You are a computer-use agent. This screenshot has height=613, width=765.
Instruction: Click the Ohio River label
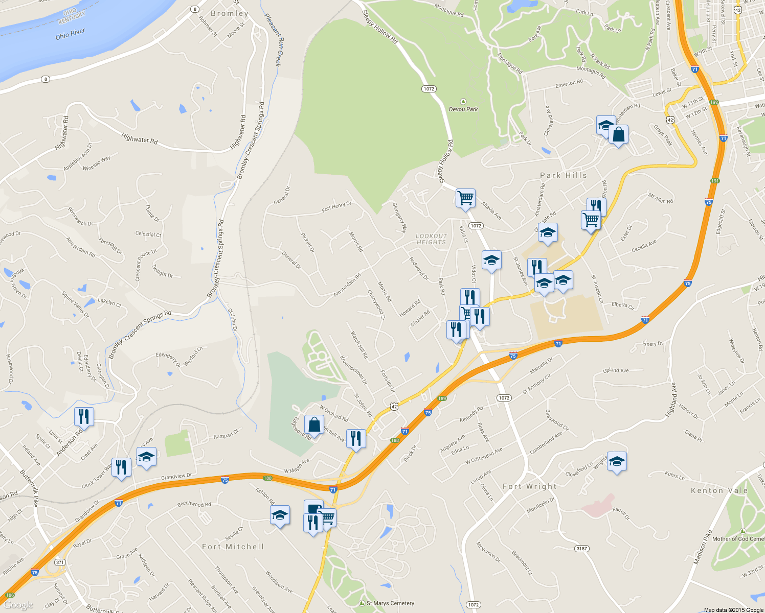pos(70,34)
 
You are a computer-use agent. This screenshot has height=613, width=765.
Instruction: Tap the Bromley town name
pos(230,14)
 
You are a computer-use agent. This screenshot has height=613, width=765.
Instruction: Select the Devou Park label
pos(463,109)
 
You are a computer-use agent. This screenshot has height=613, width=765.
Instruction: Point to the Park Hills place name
pos(564,175)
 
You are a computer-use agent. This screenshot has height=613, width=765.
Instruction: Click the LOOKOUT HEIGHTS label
pos(432,239)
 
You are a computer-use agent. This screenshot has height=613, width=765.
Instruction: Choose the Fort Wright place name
pos(529,486)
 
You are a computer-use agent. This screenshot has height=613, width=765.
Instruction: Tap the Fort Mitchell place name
pos(233,547)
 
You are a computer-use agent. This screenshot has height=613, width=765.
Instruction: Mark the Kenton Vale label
pos(719,490)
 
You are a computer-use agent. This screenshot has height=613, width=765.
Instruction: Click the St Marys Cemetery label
pos(390,603)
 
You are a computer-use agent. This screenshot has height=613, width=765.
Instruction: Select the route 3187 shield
pos(582,549)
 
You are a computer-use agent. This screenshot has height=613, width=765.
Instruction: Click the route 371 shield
pos(60,562)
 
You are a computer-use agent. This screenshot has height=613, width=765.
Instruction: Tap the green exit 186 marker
pos(10,595)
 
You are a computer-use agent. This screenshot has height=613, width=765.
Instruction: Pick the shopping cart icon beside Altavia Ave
pos(465,198)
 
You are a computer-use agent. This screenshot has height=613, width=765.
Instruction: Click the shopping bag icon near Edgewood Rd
pos(314,425)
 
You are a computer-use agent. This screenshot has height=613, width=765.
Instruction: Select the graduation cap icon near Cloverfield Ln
pos(617,461)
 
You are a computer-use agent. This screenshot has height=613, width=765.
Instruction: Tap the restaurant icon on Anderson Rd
pos(84,416)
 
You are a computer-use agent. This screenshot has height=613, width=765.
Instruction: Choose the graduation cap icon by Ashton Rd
pos(280,515)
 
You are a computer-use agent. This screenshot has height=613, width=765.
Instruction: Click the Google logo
pos(18,605)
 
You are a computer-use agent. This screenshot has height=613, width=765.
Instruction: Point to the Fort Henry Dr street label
pos(336,207)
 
